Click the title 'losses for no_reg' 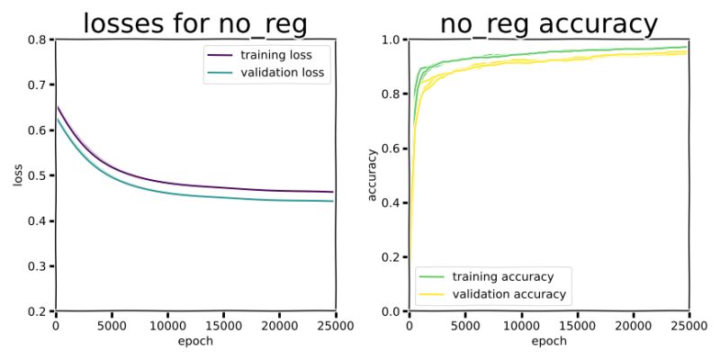pyautogui.click(x=195, y=23)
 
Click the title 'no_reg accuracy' pyautogui.click(x=549, y=23)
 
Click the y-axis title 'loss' pyautogui.click(x=18, y=175)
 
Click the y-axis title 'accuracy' pyautogui.click(x=372, y=175)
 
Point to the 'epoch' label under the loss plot pyautogui.click(x=195, y=341)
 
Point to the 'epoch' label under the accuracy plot pyautogui.click(x=549, y=341)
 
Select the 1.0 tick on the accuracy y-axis pyautogui.click(x=391, y=40)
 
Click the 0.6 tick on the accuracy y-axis pyautogui.click(x=391, y=148)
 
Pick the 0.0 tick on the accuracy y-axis pyautogui.click(x=391, y=311)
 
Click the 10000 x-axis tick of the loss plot pyautogui.click(x=167, y=325)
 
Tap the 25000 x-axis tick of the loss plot pyautogui.click(x=334, y=325)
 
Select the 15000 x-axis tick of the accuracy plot pyautogui.click(x=577, y=325)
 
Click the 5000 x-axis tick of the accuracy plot pyautogui.click(x=465, y=325)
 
